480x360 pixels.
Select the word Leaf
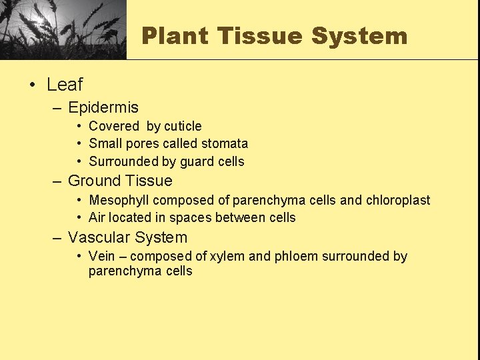(x=65, y=85)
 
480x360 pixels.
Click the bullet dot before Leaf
(x=32, y=85)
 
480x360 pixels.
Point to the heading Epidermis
(x=103, y=107)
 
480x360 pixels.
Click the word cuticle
(x=183, y=126)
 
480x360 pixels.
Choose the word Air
(x=97, y=217)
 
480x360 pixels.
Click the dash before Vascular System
(x=58, y=237)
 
